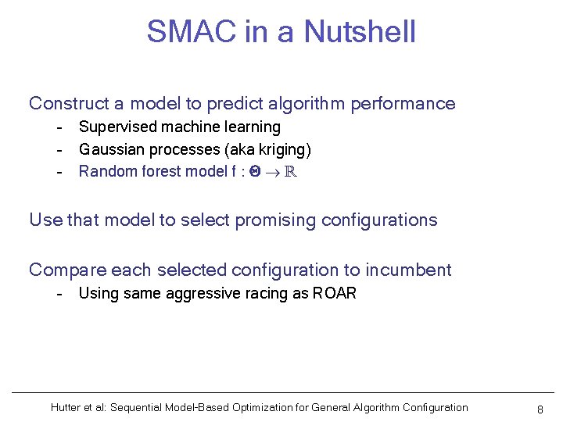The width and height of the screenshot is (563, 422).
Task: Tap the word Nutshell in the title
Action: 360,32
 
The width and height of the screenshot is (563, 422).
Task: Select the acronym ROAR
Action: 334,294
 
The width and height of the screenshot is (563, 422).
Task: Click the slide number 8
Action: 540,409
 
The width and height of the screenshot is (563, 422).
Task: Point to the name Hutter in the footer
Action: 66,407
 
